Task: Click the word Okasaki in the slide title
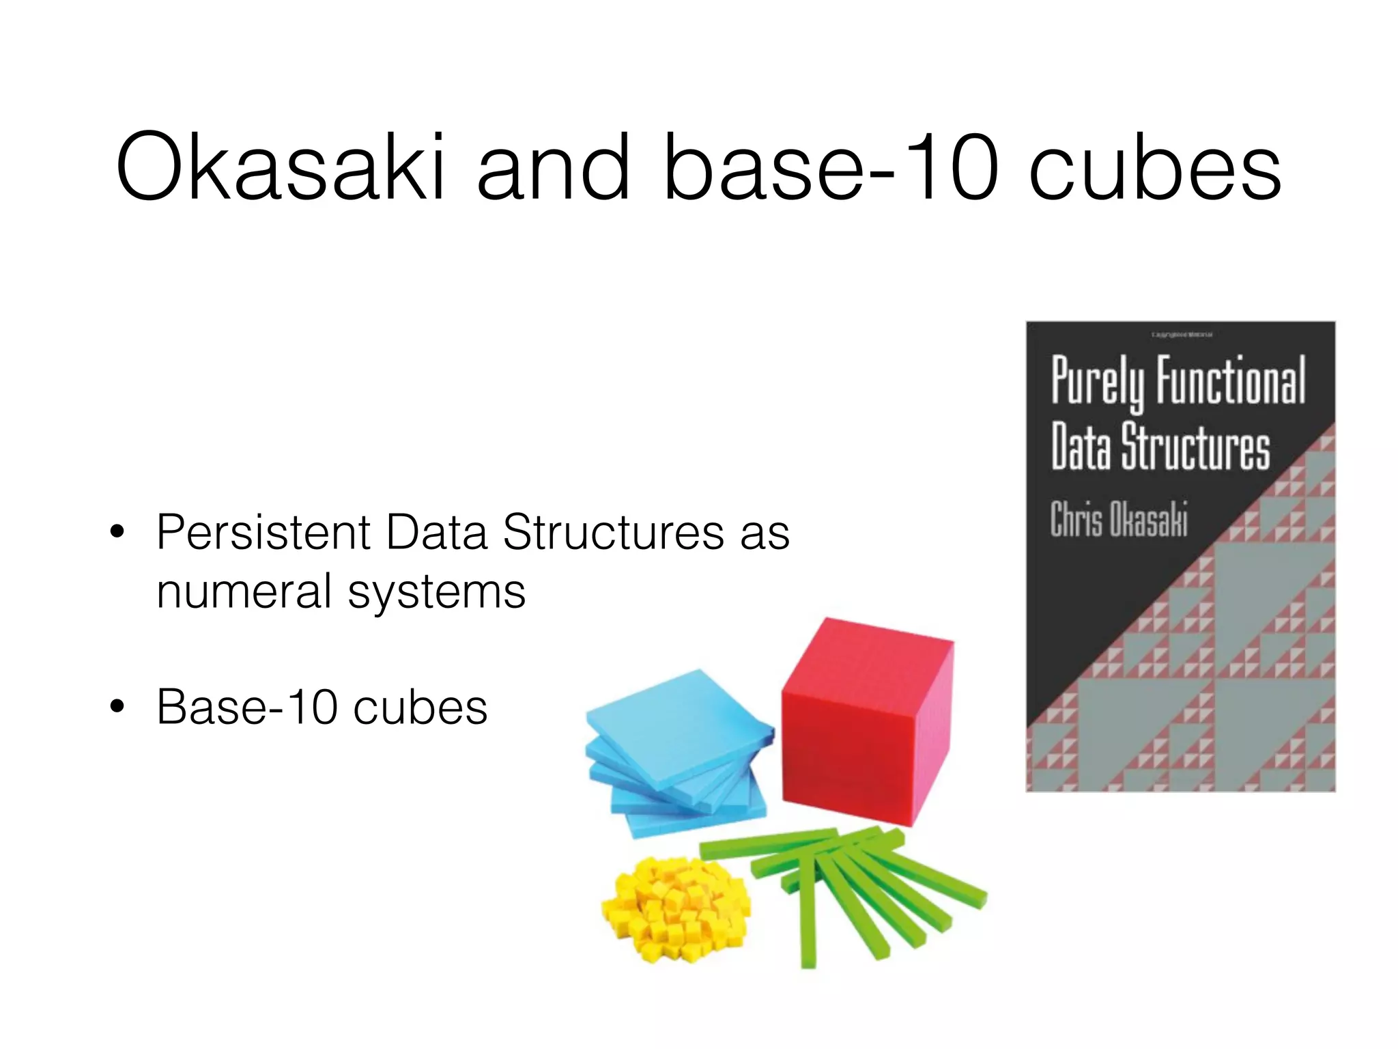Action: point(280,168)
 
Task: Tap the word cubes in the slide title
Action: point(1154,168)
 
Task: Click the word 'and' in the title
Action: point(553,168)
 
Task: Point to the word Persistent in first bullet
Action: point(263,532)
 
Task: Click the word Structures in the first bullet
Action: point(613,532)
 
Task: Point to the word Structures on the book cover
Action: point(1195,447)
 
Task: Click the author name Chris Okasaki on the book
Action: point(1119,520)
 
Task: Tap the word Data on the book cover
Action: point(1081,447)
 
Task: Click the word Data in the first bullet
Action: point(437,532)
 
